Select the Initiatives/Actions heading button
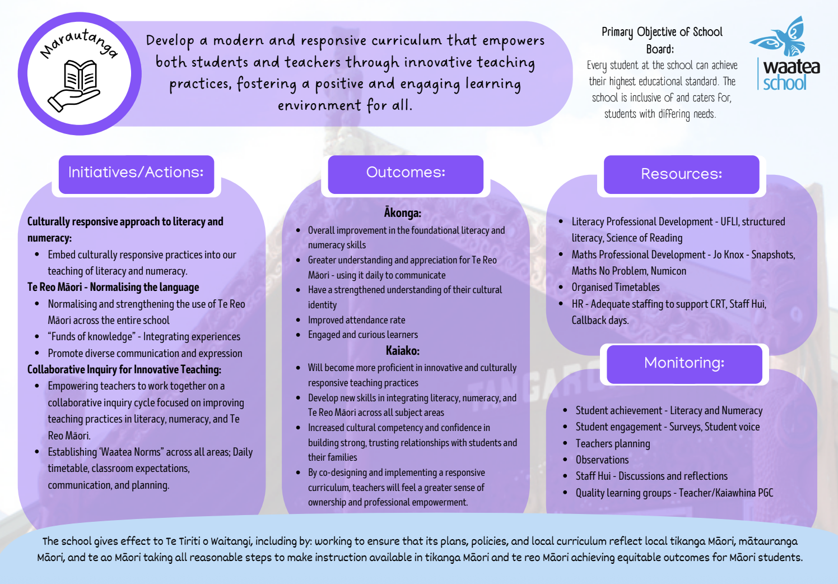(136, 174)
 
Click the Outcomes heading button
(406, 174)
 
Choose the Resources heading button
(681, 174)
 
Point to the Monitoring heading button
(685, 364)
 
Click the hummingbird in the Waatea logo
(778, 36)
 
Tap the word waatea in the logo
(792, 67)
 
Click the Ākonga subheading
(403, 212)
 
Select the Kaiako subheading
(403, 350)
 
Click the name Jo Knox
(728, 254)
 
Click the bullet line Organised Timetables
(616, 287)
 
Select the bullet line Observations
(602, 460)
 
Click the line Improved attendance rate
(356, 319)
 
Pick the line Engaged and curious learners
(363, 334)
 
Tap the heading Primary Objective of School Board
(662, 40)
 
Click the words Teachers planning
(613, 444)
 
